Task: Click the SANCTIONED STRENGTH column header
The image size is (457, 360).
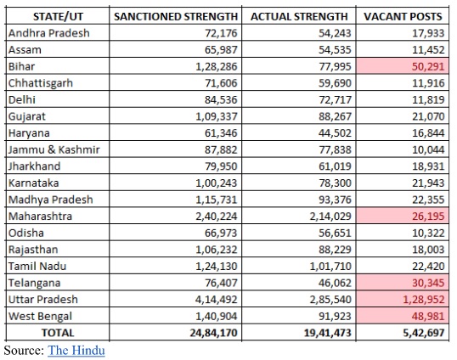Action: point(176,17)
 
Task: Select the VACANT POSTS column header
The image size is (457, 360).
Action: point(403,17)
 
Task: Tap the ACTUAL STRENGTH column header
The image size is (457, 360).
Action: point(299,17)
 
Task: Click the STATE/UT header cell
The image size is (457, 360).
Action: point(58,17)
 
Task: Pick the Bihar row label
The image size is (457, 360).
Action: point(21,66)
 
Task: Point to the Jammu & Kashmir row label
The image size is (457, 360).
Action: point(54,149)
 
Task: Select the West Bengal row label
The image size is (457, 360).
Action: point(40,317)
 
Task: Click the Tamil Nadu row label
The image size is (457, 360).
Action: point(37,267)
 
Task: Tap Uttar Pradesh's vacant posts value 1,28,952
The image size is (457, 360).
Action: point(424,300)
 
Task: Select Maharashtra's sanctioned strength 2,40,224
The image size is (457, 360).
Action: point(217,217)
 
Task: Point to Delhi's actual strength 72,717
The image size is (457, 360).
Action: point(335,100)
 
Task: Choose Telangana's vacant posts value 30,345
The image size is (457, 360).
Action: point(428,283)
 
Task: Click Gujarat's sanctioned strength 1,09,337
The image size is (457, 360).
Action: point(217,116)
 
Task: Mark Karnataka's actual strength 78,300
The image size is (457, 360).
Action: point(335,183)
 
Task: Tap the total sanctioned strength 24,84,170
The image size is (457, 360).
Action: point(214,333)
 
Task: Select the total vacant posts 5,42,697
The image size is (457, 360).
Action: point(424,333)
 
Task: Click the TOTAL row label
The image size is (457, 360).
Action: point(58,333)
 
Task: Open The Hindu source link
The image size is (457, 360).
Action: point(76,350)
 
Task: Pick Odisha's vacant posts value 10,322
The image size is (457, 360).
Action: point(428,233)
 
